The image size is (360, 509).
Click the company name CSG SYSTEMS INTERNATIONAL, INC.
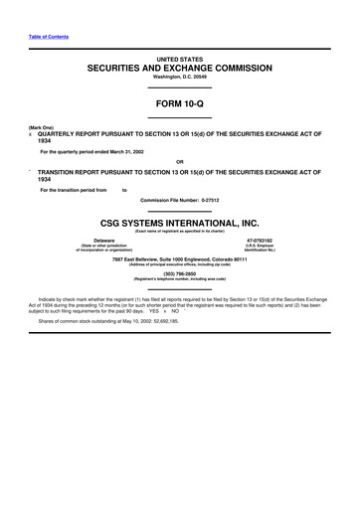pyautogui.click(x=179, y=226)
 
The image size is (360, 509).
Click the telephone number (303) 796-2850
pyautogui.click(x=179, y=275)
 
